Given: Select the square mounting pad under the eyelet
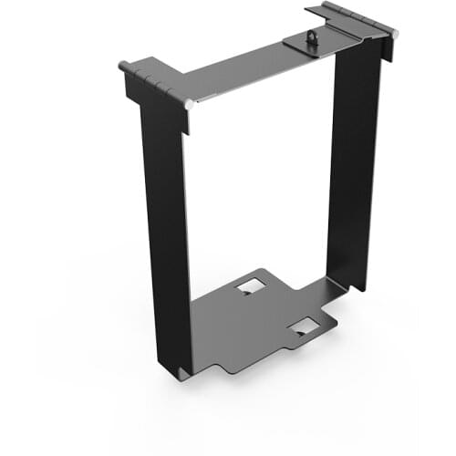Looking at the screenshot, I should (302, 42).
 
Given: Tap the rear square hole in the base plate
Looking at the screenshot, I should (247, 287).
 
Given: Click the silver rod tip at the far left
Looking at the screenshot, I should (122, 66).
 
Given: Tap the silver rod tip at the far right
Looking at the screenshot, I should (396, 33).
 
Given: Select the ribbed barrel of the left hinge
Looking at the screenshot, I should (155, 84).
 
